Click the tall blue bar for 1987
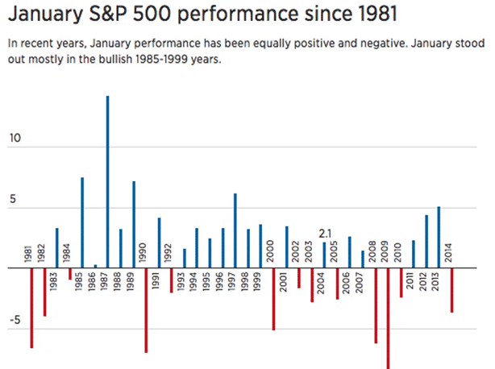(107, 181)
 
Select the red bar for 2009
(388, 317)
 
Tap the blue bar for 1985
(82, 222)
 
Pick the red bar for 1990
(146, 310)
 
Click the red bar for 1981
(31, 308)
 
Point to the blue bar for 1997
(235, 230)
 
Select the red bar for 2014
(451, 290)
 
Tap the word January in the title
(42, 15)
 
